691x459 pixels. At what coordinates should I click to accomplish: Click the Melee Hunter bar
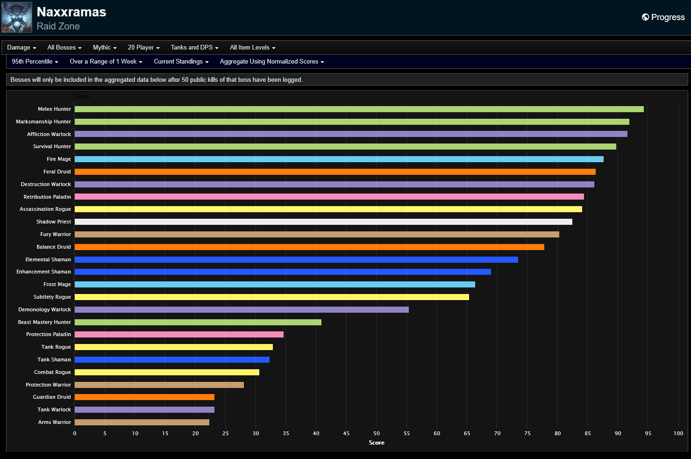pos(359,109)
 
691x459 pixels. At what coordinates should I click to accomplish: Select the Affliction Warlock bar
pos(351,134)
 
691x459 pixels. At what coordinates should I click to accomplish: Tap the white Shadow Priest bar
pos(323,222)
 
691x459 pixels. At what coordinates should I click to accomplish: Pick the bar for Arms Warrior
pos(142,422)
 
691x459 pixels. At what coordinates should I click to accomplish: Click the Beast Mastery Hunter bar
pos(198,322)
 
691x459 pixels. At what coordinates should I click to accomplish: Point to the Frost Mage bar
pos(275,284)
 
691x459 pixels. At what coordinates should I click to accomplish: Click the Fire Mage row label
pos(58,159)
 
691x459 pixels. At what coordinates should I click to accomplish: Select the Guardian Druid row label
pos(51,397)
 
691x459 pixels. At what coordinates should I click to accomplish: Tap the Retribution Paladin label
pos(47,197)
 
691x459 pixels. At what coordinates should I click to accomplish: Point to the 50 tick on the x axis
pos(377,433)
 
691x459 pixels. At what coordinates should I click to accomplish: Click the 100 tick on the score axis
pos(678,433)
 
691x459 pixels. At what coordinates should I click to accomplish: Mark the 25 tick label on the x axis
pos(226,433)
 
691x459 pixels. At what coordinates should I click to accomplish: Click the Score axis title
pos(377,443)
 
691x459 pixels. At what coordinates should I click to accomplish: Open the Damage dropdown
pos(21,47)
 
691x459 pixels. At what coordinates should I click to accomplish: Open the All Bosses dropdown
pos(64,47)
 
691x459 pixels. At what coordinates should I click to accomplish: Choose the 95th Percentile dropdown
pos(35,61)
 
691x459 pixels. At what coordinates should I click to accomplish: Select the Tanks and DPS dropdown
pos(194,47)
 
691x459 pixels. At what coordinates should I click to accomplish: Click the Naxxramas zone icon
pos(17,17)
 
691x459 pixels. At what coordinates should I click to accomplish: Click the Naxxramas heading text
pos(71,12)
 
